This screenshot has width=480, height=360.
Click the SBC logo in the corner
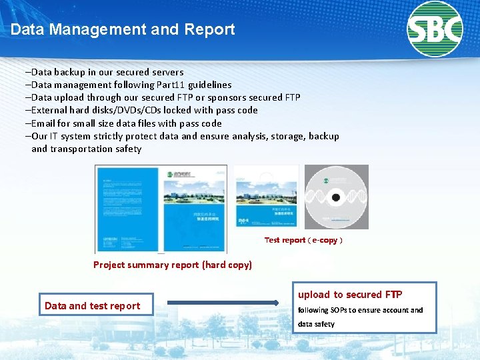pyautogui.click(x=435, y=29)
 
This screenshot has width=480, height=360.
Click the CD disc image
pyautogui.click(x=336, y=197)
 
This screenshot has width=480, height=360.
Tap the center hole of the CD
pyautogui.click(x=336, y=197)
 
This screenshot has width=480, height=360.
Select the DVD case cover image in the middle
pyautogui.click(x=266, y=197)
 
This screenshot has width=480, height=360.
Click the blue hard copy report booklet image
pyautogui.click(x=161, y=209)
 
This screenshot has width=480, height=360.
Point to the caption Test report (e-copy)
pyautogui.click(x=303, y=240)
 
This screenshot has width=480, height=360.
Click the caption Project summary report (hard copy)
pyautogui.click(x=173, y=265)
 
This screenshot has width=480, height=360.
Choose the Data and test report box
pyautogui.click(x=96, y=305)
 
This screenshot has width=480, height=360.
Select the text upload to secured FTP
pyautogui.click(x=350, y=295)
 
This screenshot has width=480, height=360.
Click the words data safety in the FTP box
pyautogui.click(x=316, y=324)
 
